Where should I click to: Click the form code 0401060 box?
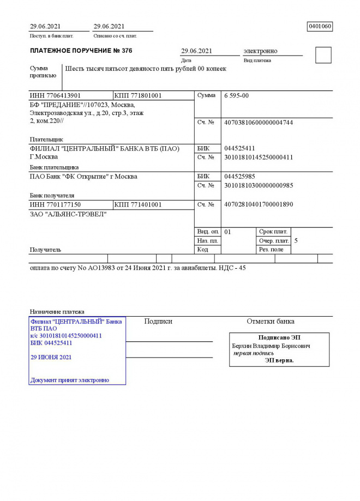[x=320, y=26]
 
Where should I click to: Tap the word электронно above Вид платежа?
[x=260, y=51]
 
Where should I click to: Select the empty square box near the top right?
[x=323, y=55]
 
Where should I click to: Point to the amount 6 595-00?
[x=236, y=95]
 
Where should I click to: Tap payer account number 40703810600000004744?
[x=259, y=123]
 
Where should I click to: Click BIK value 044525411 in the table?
[x=239, y=148]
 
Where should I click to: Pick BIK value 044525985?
[x=239, y=177]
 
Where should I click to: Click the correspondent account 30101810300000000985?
[x=259, y=185]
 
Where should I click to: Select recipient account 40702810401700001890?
[x=259, y=204]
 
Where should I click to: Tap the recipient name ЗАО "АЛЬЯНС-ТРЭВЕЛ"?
[x=68, y=214]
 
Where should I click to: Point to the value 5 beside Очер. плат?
[x=296, y=240]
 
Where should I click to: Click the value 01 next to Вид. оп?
[x=227, y=232]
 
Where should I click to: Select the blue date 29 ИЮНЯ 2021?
[x=51, y=358]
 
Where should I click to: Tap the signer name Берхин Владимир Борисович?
[x=271, y=346]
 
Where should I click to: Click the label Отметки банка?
[x=270, y=322]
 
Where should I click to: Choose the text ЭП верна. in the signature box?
[x=279, y=360]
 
